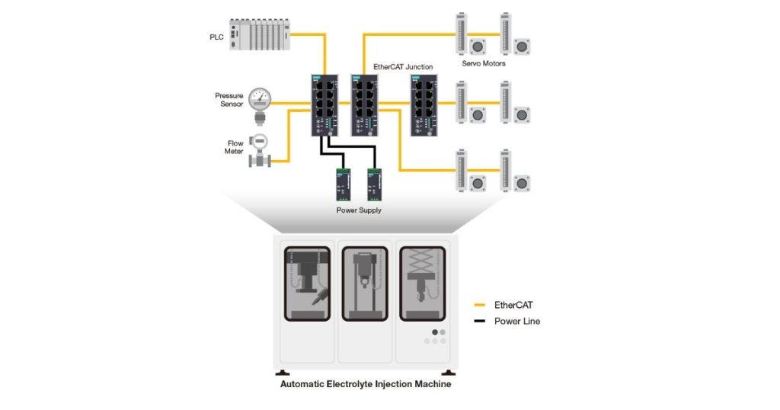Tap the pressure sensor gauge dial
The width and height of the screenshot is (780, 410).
(x=261, y=98)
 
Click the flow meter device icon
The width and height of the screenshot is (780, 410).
(x=260, y=149)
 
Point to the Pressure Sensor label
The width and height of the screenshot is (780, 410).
(x=229, y=101)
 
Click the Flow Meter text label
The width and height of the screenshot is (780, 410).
(x=234, y=147)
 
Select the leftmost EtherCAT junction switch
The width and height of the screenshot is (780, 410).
(x=324, y=105)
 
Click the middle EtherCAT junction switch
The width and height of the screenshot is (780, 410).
(x=363, y=105)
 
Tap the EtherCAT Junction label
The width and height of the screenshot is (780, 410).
(x=403, y=67)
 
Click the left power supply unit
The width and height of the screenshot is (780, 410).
(x=341, y=183)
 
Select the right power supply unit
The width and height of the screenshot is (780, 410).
(x=373, y=183)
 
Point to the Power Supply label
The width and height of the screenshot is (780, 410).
(x=359, y=210)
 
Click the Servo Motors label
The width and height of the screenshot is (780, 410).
(x=484, y=63)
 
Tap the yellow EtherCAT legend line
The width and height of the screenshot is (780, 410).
(x=480, y=305)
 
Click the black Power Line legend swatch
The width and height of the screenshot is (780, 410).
(x=480, y=322)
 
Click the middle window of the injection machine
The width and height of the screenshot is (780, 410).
(x=364, y=283)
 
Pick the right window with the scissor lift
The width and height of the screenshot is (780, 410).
(x=424, y=283)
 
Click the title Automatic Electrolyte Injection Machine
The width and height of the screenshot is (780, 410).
(x=366, y=384)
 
